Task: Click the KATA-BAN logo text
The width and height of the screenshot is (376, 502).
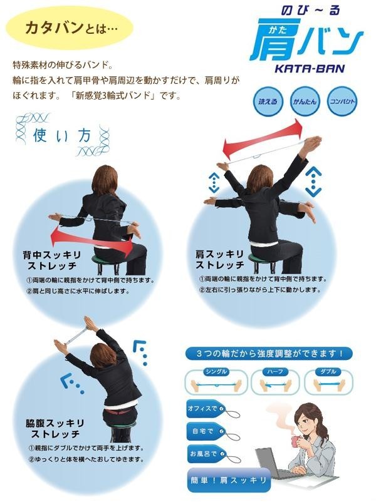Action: [310, 68]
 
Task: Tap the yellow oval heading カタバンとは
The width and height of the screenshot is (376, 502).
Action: [69, 28]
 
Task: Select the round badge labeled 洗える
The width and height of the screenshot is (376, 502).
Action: [268, 101]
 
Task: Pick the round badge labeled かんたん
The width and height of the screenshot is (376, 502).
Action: [305, 101]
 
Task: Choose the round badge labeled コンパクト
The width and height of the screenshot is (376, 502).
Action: [342, 101]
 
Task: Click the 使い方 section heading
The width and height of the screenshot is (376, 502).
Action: [62, 135]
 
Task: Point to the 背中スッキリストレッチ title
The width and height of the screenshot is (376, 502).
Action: [51, 260]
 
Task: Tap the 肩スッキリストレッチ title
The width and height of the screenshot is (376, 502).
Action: [220, 260]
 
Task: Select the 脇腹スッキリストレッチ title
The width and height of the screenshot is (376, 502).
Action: [55, 428]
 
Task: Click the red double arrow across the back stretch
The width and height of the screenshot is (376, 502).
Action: [92, 240]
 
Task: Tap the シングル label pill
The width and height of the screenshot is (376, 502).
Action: [216, 372]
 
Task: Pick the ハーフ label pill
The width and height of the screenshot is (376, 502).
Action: [275, 372]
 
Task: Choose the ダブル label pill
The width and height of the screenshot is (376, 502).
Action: [328, 372]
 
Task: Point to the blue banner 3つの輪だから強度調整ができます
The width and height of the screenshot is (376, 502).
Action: [269, 354]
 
